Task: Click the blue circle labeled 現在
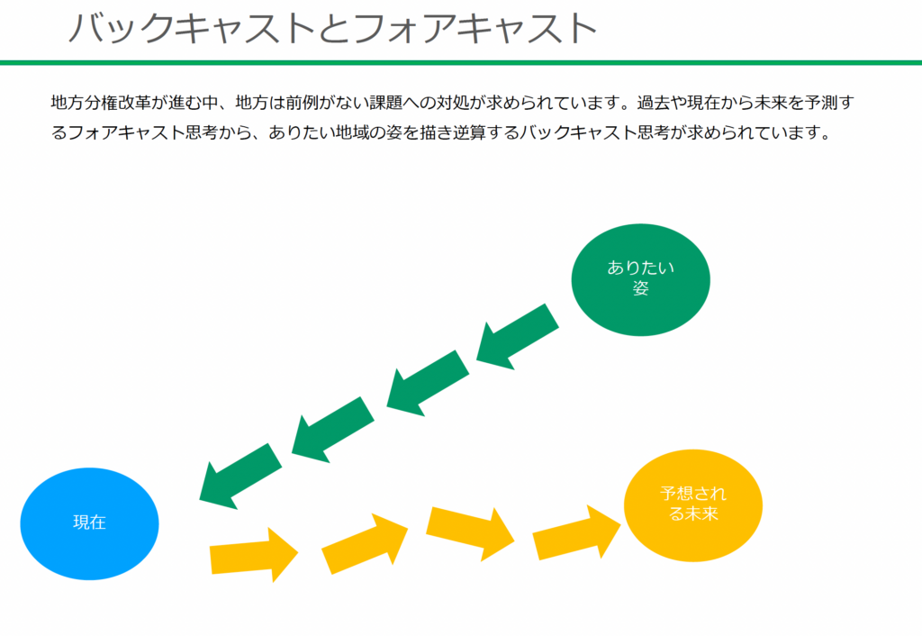click(x=89, y=523)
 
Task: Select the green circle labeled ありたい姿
click(x=640, y=280)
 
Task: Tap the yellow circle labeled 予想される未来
click(x=693, y=505)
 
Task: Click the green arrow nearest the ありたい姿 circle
click(x=518, y=337)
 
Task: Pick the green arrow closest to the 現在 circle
click(x=240, y=476)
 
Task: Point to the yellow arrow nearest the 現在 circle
click(x=254, y=555)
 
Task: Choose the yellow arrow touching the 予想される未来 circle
click(x=576, y=532)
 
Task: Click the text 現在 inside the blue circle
click(x=89, y=522)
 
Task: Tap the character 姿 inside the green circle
click(x=640, y=288)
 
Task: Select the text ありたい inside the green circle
click(x=640, y=268)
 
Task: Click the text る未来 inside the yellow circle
click(x=693, y=513)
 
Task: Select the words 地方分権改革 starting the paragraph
click(x=101, y=103)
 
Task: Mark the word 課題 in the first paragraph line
click(x=385, y=103)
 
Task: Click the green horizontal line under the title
click(x=461, y=62)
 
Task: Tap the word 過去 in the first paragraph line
click(x=654, y=103)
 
